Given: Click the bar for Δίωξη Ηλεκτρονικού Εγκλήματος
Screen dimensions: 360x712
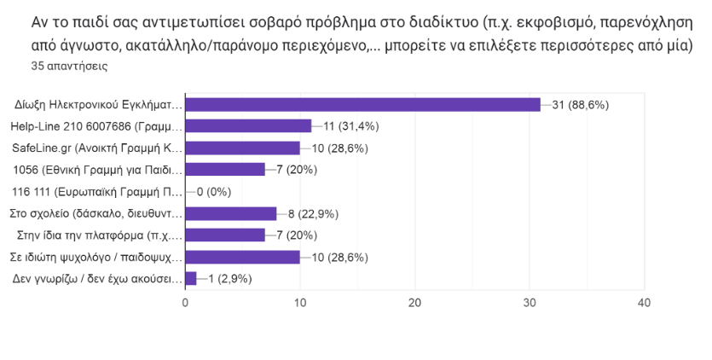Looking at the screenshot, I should click(x=362, y=105).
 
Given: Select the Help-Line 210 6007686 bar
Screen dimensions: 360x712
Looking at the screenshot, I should click(x=248, y=126).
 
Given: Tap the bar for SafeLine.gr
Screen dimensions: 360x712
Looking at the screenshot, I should click(x=242, y=148).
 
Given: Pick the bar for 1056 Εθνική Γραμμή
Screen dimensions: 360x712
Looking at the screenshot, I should click(x=225, y=169).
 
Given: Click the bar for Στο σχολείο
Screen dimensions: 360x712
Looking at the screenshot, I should click(x=231, y=213).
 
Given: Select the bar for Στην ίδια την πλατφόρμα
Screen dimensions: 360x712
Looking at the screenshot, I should click(x=225, y=235).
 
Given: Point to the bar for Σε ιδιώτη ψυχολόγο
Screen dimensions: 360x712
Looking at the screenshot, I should click(x=242, y=257).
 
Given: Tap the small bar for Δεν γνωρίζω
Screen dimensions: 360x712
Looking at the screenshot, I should click(x=191, y=278).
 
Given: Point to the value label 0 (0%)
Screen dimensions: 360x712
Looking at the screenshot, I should click(x=214, y=191).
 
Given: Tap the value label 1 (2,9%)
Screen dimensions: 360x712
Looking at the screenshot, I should click(x=231, y=278).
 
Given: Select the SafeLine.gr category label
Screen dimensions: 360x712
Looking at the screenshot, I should click(x=97, y=148).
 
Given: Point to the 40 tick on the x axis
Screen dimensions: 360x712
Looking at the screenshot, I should click(x=645, y=303).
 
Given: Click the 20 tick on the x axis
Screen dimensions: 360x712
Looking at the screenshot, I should click(x=415, y=303).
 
